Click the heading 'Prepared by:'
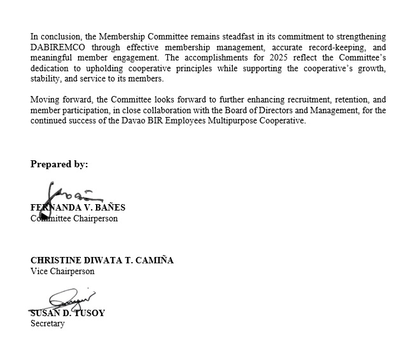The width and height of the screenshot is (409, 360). pos(59,164)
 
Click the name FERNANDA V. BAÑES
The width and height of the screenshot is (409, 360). pos(78,208)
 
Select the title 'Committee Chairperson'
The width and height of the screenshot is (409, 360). pos(74,218)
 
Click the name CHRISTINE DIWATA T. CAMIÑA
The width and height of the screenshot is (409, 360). pos(102,261)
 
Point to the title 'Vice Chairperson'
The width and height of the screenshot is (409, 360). pos(62,271)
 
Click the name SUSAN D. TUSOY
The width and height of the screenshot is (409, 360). pos(67,313)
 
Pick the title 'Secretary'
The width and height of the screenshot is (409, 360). pos(48,323)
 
